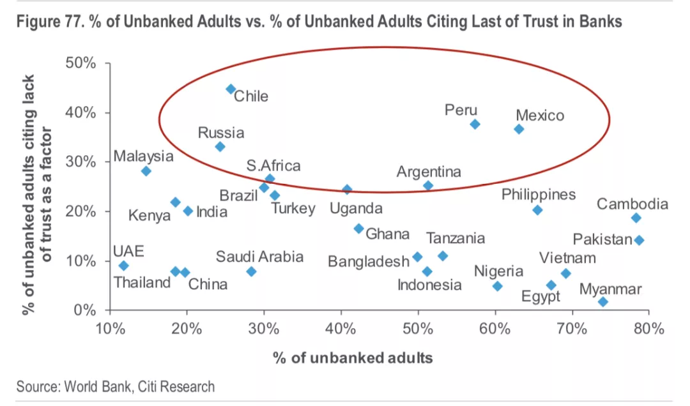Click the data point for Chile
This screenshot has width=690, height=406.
point(231,89)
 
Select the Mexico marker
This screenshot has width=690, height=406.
point(519,129)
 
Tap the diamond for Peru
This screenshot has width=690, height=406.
point(475,124)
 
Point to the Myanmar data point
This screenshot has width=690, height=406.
point(603,301)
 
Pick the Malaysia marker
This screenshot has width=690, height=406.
point(146,171)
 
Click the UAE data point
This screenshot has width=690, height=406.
point(123,266)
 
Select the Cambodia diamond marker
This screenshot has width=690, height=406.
point(636,218)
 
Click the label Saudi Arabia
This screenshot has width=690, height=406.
point(259,257)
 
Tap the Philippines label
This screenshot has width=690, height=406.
point(539,195)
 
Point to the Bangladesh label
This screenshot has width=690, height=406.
point(368,261)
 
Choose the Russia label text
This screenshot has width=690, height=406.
point(221,133)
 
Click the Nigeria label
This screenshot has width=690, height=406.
point(498,271)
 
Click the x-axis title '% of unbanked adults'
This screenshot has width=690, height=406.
point(353,357)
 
